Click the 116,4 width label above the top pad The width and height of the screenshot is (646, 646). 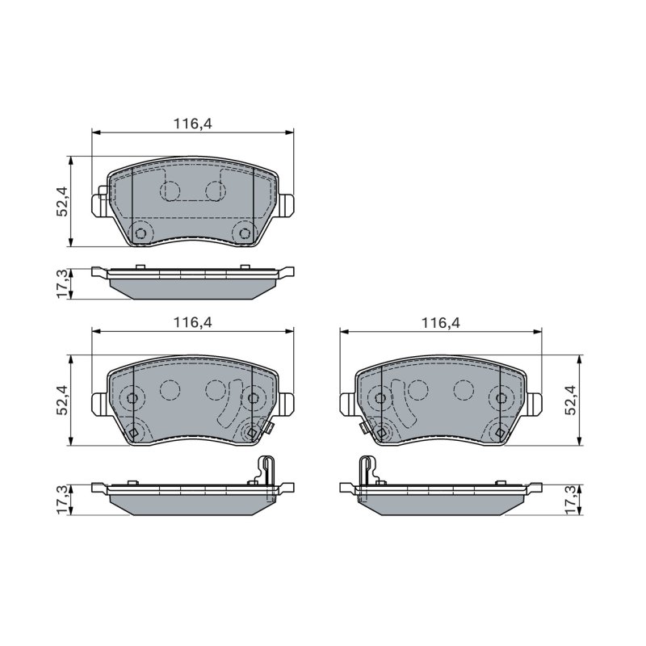193,124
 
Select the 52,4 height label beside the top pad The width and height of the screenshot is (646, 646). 63,201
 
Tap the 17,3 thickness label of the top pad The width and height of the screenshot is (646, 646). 63,284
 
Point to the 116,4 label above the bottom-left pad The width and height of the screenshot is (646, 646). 193,321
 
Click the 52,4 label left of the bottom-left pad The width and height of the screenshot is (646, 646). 63,400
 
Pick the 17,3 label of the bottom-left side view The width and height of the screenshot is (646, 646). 63,500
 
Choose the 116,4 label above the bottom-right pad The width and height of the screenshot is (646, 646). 440,323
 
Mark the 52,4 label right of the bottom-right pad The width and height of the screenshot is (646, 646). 570,400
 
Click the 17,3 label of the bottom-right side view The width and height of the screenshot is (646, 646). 570,500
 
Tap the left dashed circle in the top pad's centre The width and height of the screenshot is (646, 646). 170,190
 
